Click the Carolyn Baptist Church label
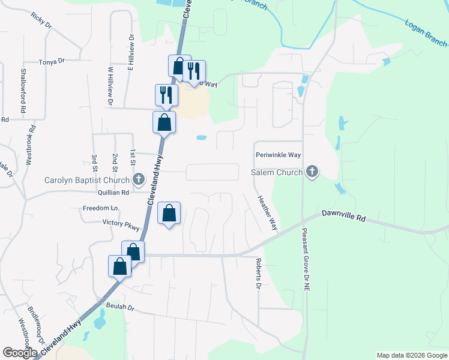coord(87,180)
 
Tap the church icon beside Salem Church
coord(312,173)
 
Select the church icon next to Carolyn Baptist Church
coord(139,179)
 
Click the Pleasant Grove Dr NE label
coord(305,259)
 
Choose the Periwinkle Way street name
coord(277,155)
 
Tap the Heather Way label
coord(267,213)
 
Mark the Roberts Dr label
coord(258,274)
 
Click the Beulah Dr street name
coord(120,307)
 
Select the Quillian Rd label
coord(112,193)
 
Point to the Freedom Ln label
coord(101,208)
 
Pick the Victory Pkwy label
coord(121,225)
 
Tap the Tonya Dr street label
coord(51,62)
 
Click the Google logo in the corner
coord(20,353)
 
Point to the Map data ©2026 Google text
coord(412,355)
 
